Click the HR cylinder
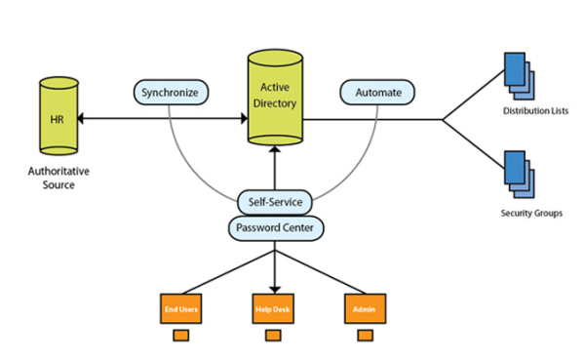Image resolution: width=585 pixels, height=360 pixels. pyautogui.click(x=58, y=116)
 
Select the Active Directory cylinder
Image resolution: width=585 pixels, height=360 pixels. pyautogui.click(x=275, y=98)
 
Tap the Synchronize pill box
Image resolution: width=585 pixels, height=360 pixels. pyautogui.click(x=171, y=93)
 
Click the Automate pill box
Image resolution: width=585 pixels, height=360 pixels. pyautogui.click(x=377, y=93)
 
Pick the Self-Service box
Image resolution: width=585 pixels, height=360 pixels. pyautogui.click(x=275, y=202)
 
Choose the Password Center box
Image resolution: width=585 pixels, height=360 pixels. pyautogui.click(x=276, y=227)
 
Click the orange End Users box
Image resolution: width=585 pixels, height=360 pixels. pyautogui.click(x=181, y=308)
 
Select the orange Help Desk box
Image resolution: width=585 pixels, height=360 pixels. pyautogui.click(x=273, y=308)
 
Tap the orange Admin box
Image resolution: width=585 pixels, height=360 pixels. pyautogui.click(x=365, y=308)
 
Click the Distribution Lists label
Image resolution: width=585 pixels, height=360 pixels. pyautogui.click(x=535, y=111)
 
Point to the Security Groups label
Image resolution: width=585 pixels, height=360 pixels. pyautogui.click(x=531, y=214)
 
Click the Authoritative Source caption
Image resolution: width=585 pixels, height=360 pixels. pyautogui.click(x=58, y=179)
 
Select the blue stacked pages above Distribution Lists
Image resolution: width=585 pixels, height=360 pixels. pyautogui.click(x=520, y=76)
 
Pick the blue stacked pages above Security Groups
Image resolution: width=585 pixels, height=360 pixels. pyautogui.click(x=520, y=175)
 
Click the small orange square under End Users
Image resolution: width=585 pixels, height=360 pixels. pyautogui.click(x=181, y=335)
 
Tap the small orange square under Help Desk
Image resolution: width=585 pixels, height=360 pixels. pyautogui.click(x=273, y=335)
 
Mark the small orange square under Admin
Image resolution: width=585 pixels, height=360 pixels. pyautogui.click(x=366, y=335)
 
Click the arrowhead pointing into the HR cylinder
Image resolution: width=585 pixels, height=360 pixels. pyautogui.click(x=80, y=119)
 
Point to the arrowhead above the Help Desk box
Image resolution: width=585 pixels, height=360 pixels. pyautogui.click(x=275, y=290)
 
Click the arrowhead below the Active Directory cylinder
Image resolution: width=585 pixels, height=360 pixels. pyautogui.click(x=275, y=149)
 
